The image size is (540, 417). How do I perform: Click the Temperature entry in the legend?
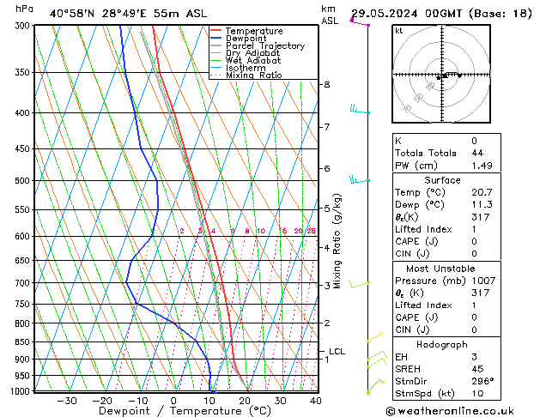(254, 31)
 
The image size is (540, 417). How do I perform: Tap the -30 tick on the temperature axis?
(67, 401)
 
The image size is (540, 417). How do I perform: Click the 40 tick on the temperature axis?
(316, 401)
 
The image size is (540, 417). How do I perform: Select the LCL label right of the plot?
(337, 352)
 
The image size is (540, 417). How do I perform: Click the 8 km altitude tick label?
(327, 85)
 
